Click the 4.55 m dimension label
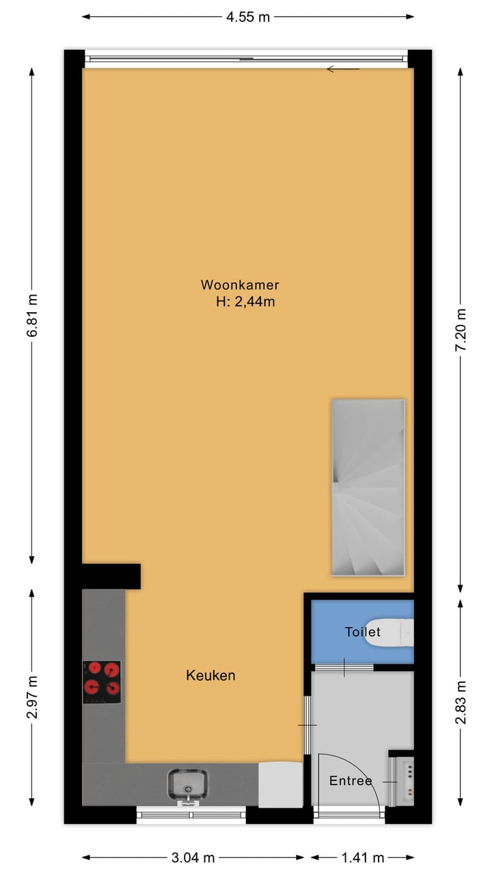(x=248, y=17)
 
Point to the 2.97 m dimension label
(x=32, y=697)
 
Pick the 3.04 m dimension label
(x=193, y=858)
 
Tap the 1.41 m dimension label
(x=363, y=858)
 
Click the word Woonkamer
(x=240, y=285)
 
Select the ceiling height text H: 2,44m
(x=245, y=302)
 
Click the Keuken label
(x=210, y=675)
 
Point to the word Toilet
(x=362, y=632)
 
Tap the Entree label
(x=351, y=781)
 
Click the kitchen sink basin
(x=188, y=783)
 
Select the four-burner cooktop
(x=102, y=681)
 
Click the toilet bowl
(x=389, y=632)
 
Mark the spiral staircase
(x=368, y=487)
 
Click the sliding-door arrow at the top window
(x=343, y=69)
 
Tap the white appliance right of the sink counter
(x=280, y=785)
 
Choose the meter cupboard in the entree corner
(x=402, y=782)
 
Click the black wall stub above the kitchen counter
(x=112, y=576)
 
